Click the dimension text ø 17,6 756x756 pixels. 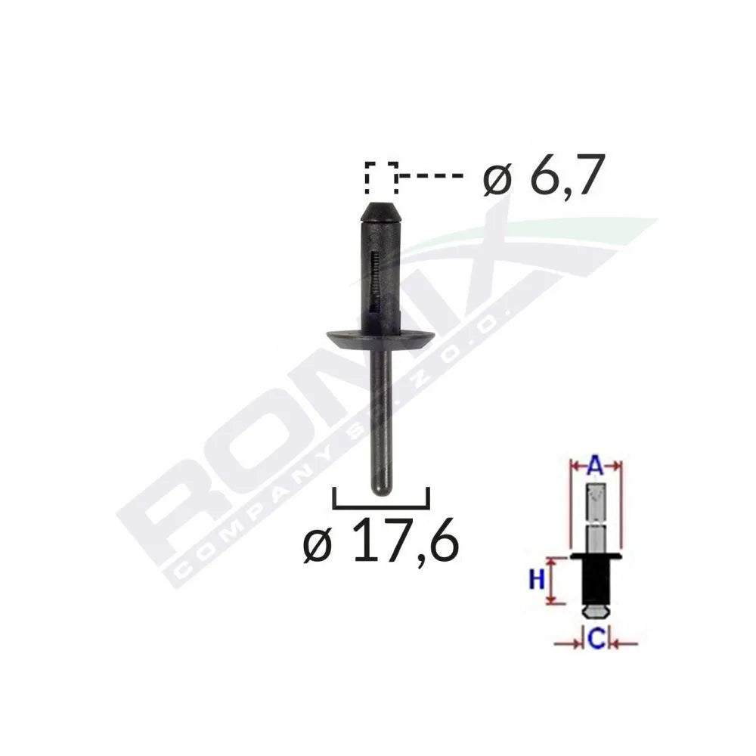click(x=380, y=541)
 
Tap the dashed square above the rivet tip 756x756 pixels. click(x=381, y=178)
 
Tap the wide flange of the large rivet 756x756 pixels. click(x=380, y=336)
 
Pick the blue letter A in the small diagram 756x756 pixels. click(x=595, y=467)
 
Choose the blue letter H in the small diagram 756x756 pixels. click(x=537, y=580)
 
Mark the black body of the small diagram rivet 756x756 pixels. click(x=596, y=582)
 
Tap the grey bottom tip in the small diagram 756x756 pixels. click(x=596, y=609)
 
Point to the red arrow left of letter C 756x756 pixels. click(x=569, y=643)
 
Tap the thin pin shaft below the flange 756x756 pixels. click(x=380, y=416)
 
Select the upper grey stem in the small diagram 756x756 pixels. click(x=596, y=514)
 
